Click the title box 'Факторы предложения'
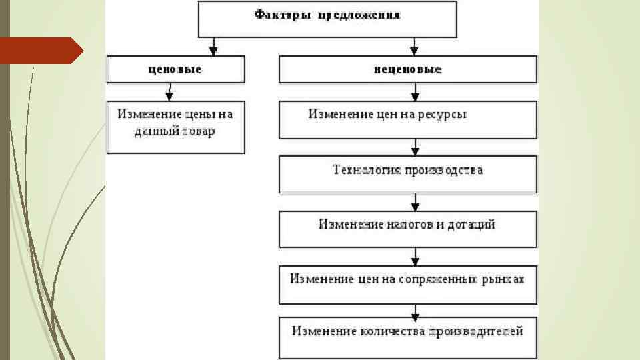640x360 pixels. click(x=327, y=18)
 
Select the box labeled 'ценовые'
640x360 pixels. click(x=175, y=69)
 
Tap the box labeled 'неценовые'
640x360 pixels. click(x=407, y=69)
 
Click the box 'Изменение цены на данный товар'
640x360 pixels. click(x=175, y=127)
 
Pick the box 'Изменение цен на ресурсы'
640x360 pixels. click(x=407, y=119)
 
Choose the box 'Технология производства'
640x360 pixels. click(x=407, y=175)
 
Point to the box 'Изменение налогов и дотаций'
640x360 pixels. click(x=407, y=229)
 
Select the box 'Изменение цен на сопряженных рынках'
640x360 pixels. click(x=407, y=284)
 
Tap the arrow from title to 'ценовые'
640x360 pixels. click(x=213, y=46)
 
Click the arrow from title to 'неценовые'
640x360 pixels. click(x=415, y=46)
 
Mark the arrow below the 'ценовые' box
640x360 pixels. click(x=169, y=91)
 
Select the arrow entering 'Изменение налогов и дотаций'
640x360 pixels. click(x=415, y=202)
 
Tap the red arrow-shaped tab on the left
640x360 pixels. click(x=40, y=51)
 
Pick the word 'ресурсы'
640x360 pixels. click(x=443, y=115)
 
